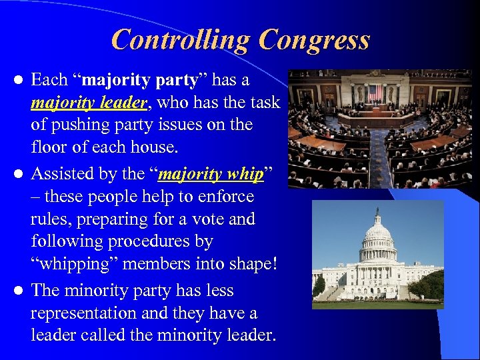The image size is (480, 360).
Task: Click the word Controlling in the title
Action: pos(181,40)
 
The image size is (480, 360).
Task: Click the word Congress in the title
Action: pos(314,40)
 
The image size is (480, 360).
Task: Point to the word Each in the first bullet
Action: pos(49,80)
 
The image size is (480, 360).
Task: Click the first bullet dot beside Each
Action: pos(20,81)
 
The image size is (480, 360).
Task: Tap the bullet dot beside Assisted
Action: pos(20,175)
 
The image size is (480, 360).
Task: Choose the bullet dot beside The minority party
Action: pos(20,291)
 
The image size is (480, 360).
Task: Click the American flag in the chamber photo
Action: pos(375,91)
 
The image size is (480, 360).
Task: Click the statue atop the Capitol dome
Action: pos(377,212)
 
